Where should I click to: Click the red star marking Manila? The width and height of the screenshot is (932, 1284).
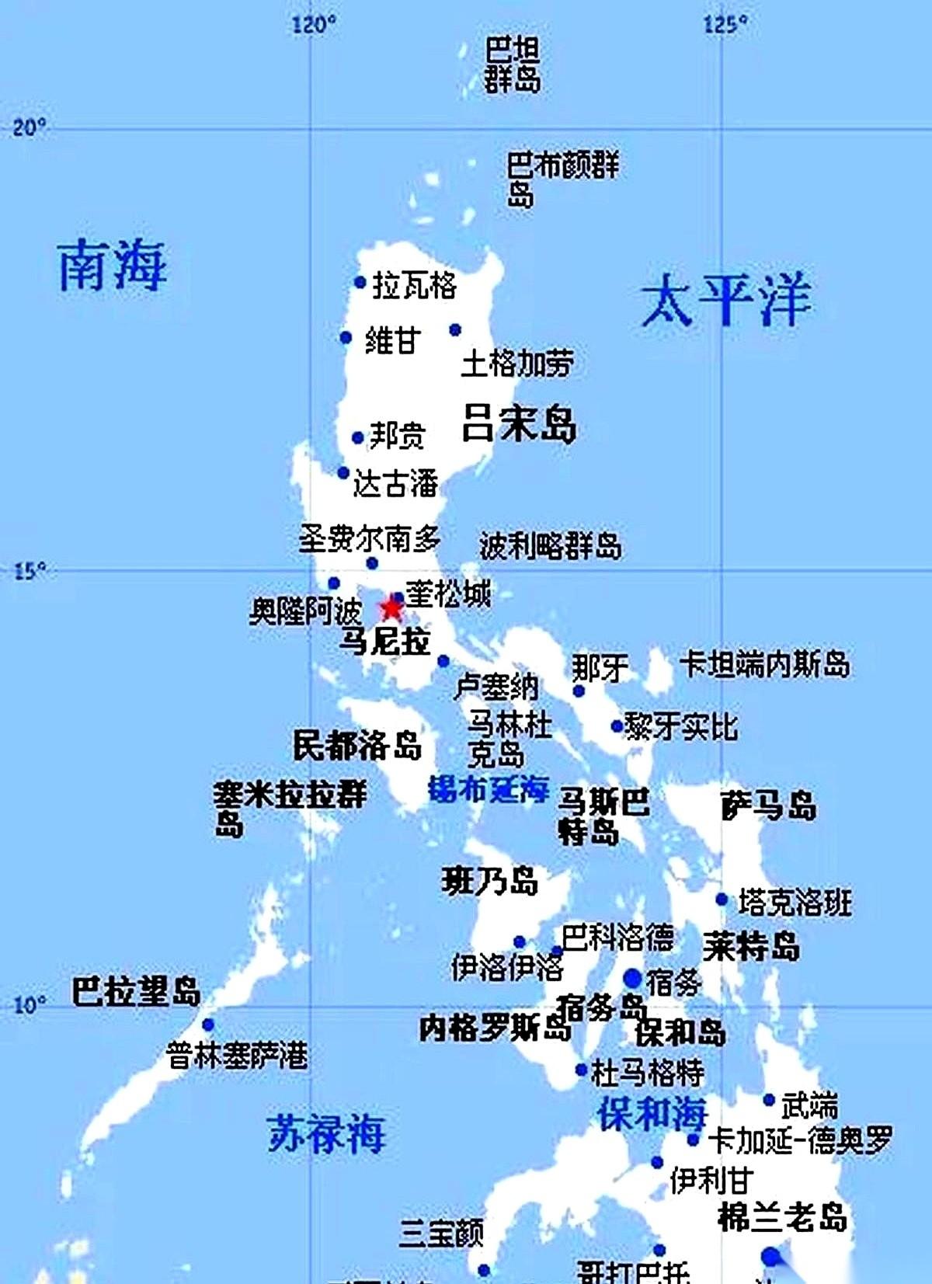[x=391, y=607]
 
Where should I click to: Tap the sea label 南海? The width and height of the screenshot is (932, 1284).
[x=113, y=266]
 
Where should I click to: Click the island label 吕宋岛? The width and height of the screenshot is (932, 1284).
[x=519, y=424]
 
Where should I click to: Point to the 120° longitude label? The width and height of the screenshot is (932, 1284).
[x=314, y=25]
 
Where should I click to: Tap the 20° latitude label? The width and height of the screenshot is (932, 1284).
[x=30, y=127]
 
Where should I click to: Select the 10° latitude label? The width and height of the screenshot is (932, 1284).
[x=30, y=1004]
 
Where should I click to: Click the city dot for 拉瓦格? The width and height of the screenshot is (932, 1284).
[x=360, y=282]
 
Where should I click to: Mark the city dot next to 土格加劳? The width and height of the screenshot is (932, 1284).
[x=455, y=330]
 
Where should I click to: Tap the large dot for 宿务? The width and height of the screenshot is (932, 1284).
[x=632, y=978]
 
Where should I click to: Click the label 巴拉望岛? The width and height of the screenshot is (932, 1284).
[x=137, y=992]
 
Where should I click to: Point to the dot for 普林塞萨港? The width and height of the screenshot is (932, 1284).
[x=208, y=1025]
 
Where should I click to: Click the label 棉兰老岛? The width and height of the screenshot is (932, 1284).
[x=781, y=1216]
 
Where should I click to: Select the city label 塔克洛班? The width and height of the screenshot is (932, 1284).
[x=795, y=902]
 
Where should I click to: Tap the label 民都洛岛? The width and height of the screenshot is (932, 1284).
[x=357, y=746]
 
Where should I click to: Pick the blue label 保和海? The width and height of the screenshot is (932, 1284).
[x=652, y=1113]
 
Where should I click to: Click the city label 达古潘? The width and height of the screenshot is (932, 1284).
[x=396, y=483]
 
